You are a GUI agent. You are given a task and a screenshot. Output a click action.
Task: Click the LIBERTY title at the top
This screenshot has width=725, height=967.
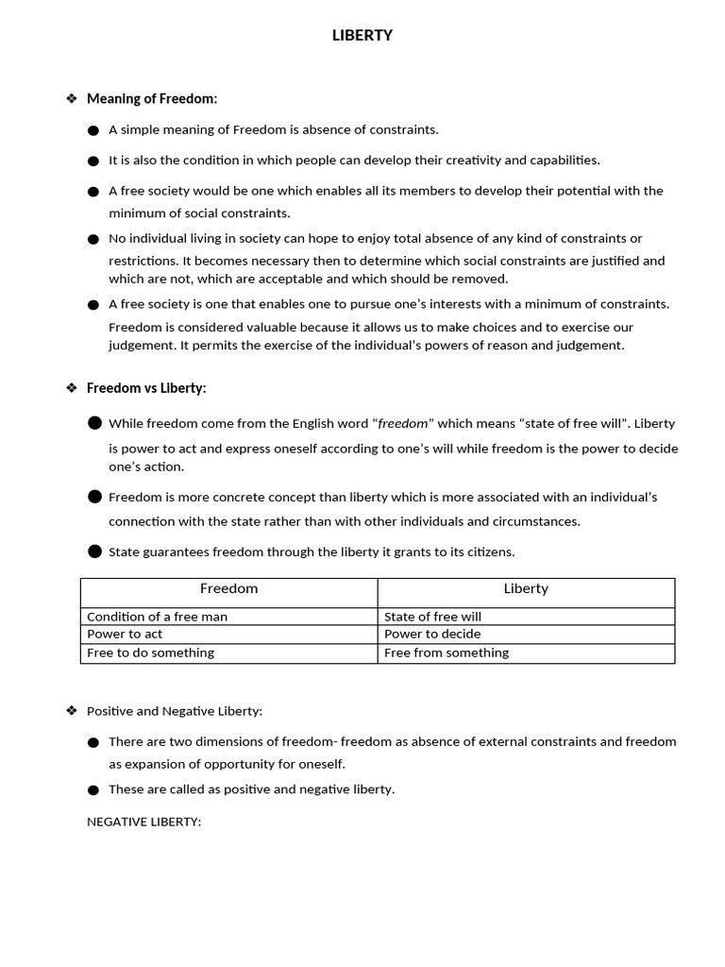point(362,36)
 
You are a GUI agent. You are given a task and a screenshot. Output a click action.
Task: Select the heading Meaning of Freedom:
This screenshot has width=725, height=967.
point(152,98)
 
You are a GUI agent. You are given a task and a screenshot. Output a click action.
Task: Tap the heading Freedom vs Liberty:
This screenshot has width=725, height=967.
point(146,388)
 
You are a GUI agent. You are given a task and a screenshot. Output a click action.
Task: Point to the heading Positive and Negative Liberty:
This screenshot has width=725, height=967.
point(175,711)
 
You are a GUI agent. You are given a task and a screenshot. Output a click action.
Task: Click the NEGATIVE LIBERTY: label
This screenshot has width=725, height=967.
point(144,822)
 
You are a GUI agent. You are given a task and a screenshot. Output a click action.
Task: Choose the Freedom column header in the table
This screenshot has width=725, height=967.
point(229,588)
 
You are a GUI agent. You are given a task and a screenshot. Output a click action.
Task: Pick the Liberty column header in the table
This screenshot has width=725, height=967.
point(526,588)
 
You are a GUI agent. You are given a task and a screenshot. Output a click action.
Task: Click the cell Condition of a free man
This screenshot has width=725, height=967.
point(157,617)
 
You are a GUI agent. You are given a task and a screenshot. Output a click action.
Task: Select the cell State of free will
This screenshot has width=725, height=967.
point(432,617)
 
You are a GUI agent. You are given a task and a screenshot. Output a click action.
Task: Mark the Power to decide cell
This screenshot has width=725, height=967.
point(432,634)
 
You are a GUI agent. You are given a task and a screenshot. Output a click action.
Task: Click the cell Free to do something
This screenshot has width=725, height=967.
point(151,653)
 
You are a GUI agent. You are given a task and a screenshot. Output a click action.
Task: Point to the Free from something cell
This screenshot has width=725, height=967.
point(447,653)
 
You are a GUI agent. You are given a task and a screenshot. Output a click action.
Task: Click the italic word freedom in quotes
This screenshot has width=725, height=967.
point(403,424)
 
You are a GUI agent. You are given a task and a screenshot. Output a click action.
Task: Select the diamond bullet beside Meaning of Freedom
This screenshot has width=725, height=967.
point(71,98)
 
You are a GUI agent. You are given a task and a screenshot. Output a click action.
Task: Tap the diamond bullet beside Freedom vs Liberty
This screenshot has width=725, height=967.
point(71,388)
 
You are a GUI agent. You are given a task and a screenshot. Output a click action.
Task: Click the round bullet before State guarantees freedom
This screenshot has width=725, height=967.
point(94,551)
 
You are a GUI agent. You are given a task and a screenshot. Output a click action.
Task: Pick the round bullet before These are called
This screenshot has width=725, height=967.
point(93,790)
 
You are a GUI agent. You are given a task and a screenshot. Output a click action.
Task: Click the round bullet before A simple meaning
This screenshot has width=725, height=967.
point(93,130)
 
